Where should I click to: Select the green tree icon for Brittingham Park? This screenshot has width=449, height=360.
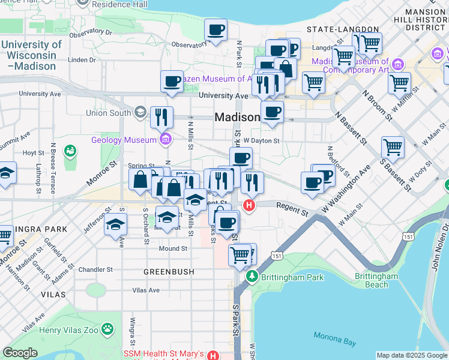(x=253, y=277)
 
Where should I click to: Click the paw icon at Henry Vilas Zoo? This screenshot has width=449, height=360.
(x=107, y=328)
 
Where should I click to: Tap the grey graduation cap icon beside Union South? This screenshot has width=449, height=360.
(x=140, y=112)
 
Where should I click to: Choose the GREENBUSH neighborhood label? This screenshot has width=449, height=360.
(x=169, y=272)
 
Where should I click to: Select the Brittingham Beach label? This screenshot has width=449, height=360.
(x=376, y=280)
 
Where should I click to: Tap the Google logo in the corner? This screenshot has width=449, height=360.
(x=20, y=353)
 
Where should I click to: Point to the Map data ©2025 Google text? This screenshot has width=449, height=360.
(x=412, y=355)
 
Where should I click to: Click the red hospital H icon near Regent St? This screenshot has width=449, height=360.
(x=249, y=206)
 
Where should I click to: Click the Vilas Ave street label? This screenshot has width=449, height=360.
(x=146, y=290)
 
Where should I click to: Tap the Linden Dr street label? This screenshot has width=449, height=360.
(x=78, y=59)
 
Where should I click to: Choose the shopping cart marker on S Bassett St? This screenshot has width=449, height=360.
(x=393, y=147)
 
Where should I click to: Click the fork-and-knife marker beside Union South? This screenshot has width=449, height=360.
(x=161, y=116)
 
